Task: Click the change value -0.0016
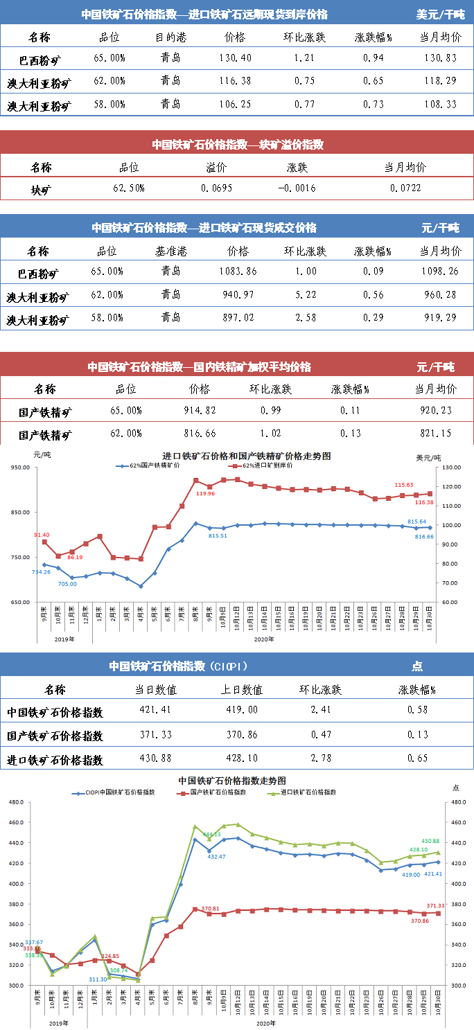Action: click(297, 188)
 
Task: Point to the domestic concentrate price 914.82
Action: click(199, 411)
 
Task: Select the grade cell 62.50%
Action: click(128, 188)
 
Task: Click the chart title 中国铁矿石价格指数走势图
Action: click(232, 780)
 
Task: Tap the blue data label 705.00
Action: click(67, 584)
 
